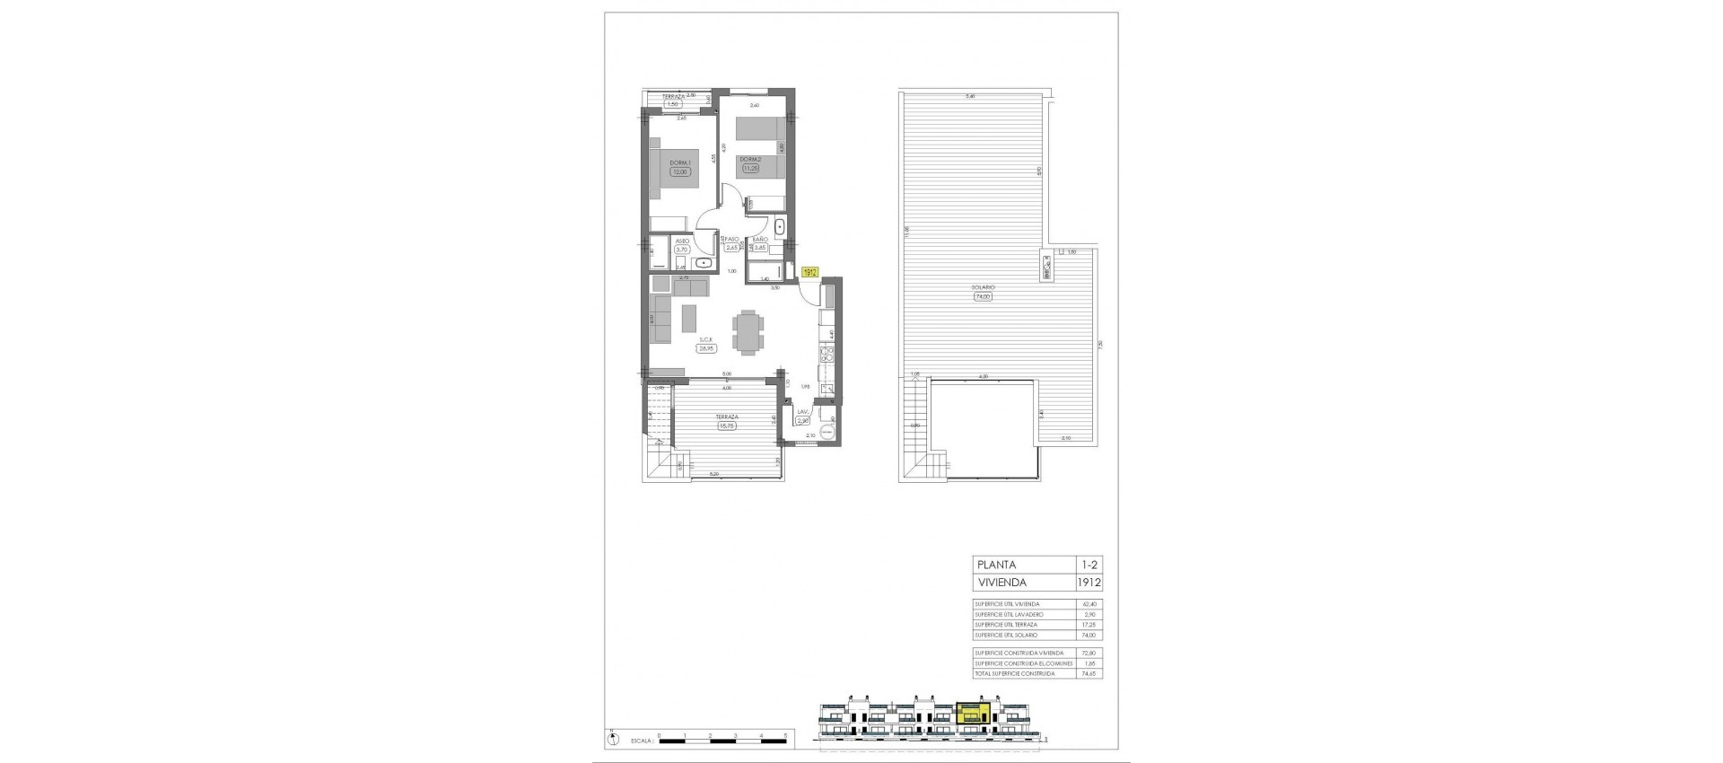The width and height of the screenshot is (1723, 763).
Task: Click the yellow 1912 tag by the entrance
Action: pyautogui.click(x=809, y=271)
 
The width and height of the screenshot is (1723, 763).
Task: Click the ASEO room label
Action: pyautogui.click(x=683, y=241)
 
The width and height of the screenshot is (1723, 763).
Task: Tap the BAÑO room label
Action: pyautogui.click(x=759, y=240)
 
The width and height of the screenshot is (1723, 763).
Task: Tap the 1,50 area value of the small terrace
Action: pyautogui.click(x=672, y=104)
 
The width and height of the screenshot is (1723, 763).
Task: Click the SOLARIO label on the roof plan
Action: pyautogui.click(x=982, y=287)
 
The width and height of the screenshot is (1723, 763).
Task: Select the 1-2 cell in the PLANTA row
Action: pyautogui.click(x=1089, y=565)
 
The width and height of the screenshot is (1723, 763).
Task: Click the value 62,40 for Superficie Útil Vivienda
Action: pyautogui.click(x=1089, y=604)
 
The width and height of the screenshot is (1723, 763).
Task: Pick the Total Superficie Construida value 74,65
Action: pyautogui.click(x=1089, y=673)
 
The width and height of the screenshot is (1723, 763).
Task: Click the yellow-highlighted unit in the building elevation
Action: pyautogui.click(x=973, y=715)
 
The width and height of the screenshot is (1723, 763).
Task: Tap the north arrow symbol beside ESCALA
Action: pyautogui.click(x=613, y=739)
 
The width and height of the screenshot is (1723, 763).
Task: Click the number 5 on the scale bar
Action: pyautogui.click(x=785, y=735)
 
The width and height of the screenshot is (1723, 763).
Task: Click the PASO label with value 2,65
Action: pyautogui.click(x=731, y=241)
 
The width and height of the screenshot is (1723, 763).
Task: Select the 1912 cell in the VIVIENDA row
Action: pyautogui.click(x=1089, y=583)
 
